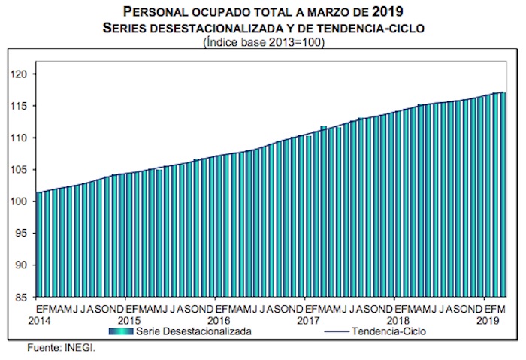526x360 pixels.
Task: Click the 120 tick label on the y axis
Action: click(x=20, y=74)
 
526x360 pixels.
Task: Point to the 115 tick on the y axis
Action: click(x=20, y=106)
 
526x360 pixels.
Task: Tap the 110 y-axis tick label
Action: click(x=20, y=138)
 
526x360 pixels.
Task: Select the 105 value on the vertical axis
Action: click(x=20, y=170)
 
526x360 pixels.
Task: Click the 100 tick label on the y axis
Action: click(x=20, y=202)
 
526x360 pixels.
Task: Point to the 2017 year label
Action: click(x=307, y=320)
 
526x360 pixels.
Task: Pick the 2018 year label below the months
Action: click(x=396, y=320)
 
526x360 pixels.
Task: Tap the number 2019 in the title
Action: click(x=386, y=11)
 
